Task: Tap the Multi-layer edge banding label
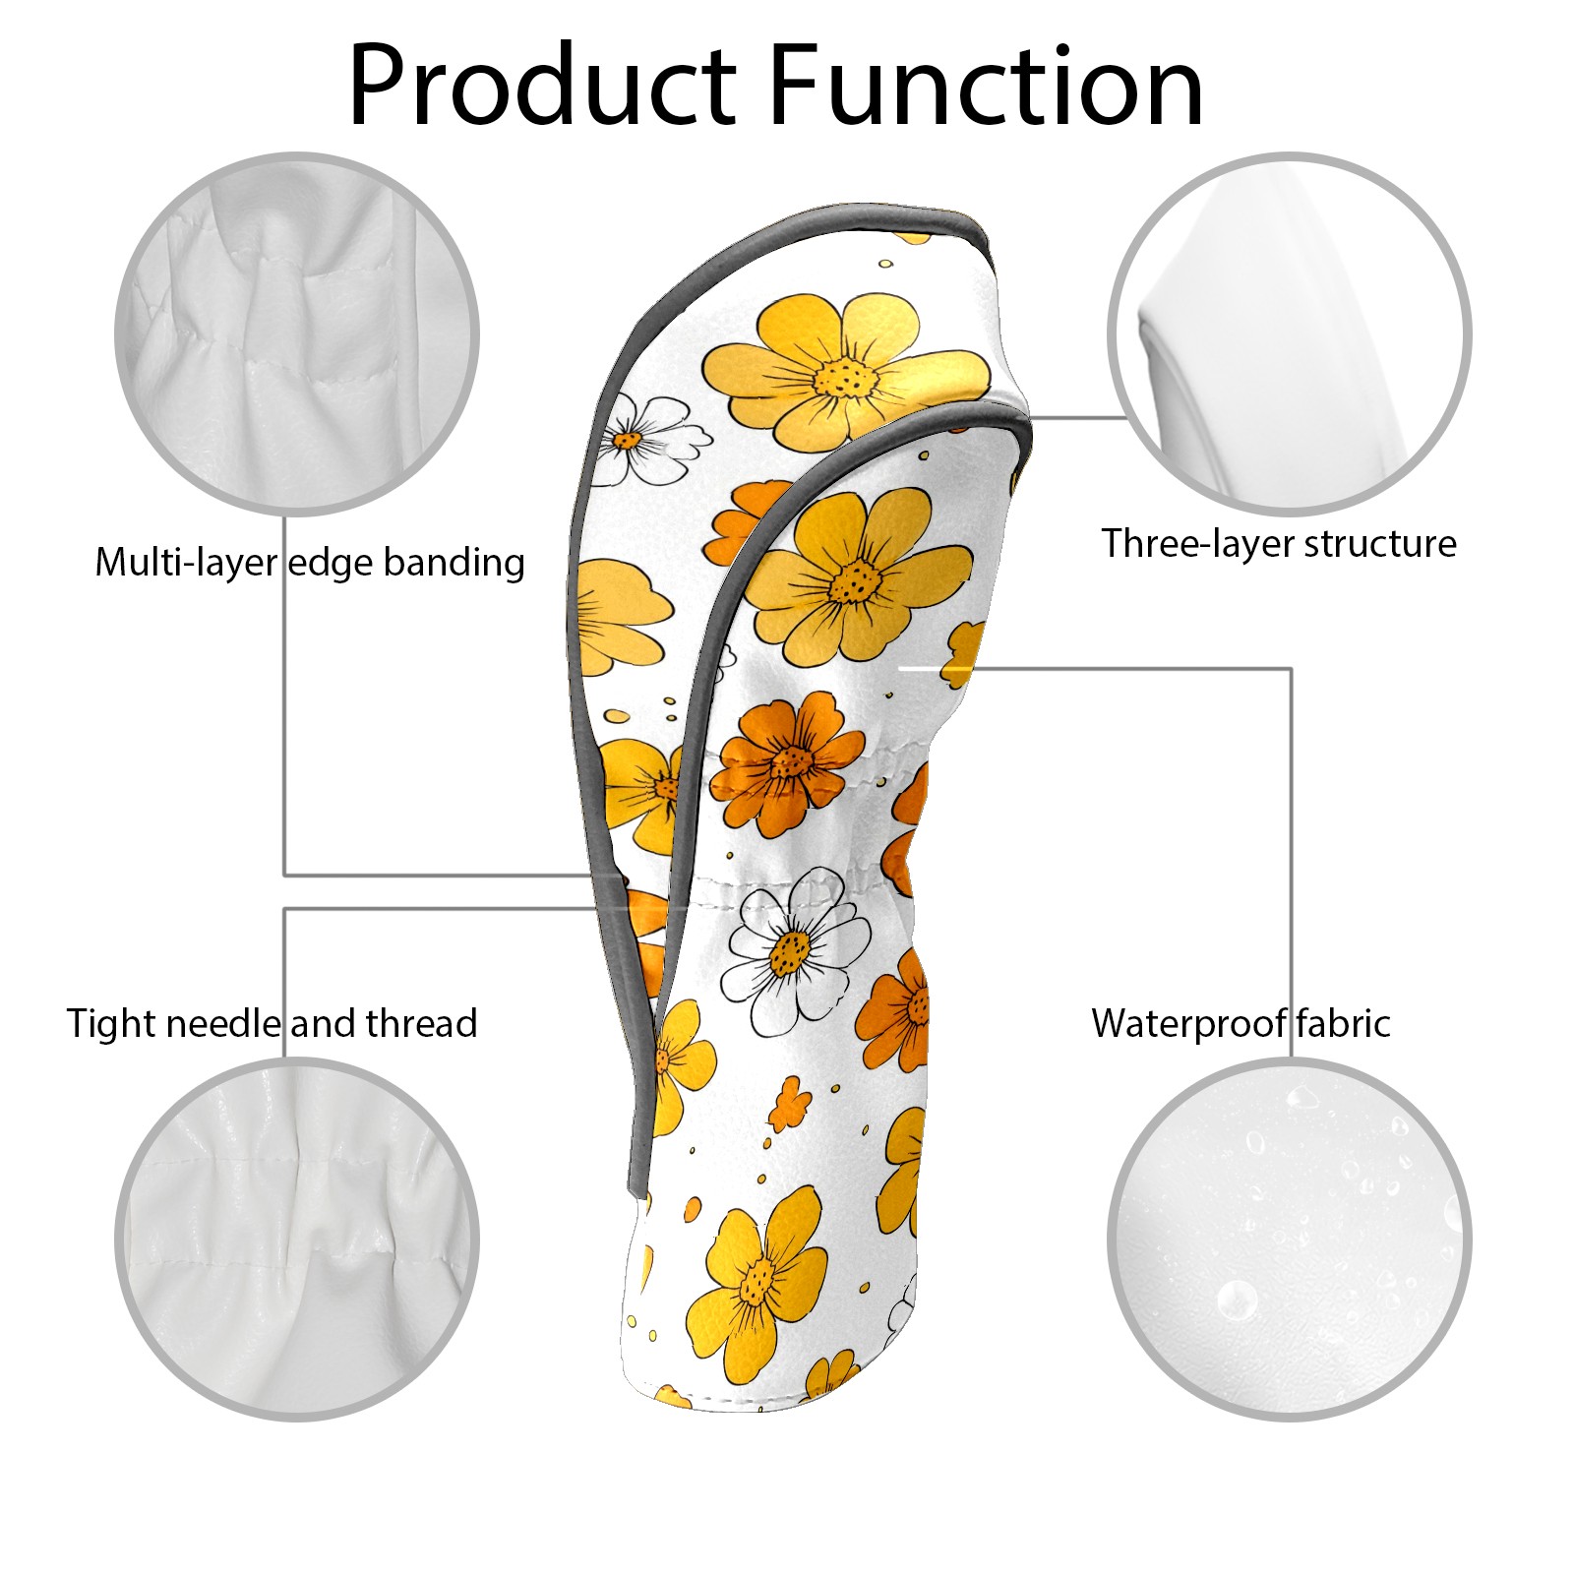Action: point(310,563)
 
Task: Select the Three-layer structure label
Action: point(1278,544)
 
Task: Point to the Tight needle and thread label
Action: point(272,1024)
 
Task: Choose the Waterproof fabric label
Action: point(1241,1024)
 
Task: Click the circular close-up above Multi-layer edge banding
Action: point(297,333)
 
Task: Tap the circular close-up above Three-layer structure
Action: point(1289,333)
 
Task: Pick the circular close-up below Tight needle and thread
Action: point(297,1239)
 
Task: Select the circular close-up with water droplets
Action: point(1289,1239)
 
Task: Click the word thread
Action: point(422,1024)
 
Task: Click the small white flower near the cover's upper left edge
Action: point(630,440)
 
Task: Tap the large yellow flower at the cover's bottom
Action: point(757,1278)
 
